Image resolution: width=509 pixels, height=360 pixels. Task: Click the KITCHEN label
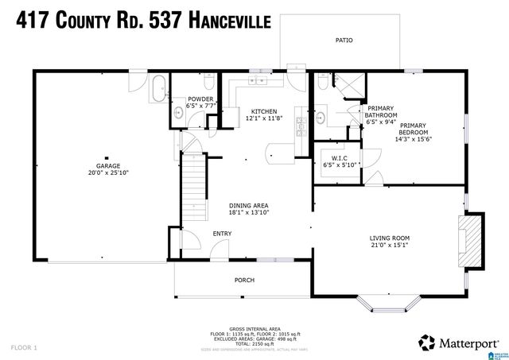tap(263, 110)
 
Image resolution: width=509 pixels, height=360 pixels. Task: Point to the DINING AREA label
tap(249, 205)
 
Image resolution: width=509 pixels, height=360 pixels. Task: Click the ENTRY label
tap(222, 234)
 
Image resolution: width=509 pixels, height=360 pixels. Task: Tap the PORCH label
tap(244, 281)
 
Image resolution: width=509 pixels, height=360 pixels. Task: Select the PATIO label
tap(344, 41)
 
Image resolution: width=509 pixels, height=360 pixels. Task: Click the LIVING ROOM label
tap(389, 238)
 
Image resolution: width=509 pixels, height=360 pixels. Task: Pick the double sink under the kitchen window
tap(260, 82)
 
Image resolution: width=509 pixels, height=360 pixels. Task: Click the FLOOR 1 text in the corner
tap(25, 348)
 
